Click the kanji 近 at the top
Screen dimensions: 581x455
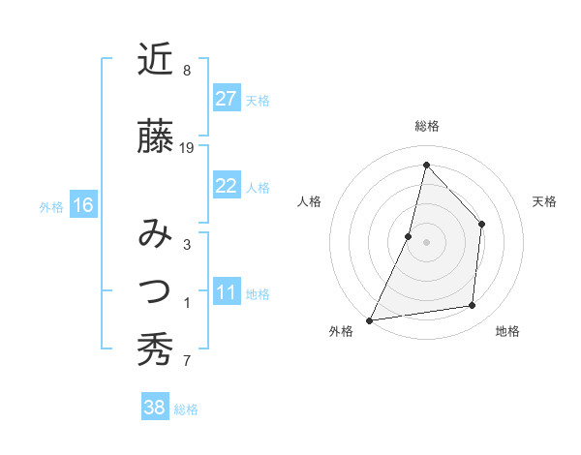coord(155,60)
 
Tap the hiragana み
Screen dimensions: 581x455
coord(155,234)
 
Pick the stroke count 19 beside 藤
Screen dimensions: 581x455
coord(187,148)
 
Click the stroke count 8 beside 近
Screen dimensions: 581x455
coord(186,71)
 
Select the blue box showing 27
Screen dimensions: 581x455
coord(226,99)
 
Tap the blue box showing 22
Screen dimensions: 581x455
coord(226,186)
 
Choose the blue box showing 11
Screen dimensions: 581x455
coord(226,293)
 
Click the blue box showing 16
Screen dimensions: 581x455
coord(82,205)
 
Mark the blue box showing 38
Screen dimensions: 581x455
coord(154,408)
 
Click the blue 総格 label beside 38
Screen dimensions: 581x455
coord(186,409)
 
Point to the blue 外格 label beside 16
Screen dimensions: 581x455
coord(51,206)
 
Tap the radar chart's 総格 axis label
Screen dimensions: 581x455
coord(426,126)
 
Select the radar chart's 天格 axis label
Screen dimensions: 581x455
coord(545,201)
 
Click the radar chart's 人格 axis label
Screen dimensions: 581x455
coord(309,201)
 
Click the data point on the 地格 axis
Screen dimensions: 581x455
coord(473,305)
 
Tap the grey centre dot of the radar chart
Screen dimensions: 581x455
coord(426,242)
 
